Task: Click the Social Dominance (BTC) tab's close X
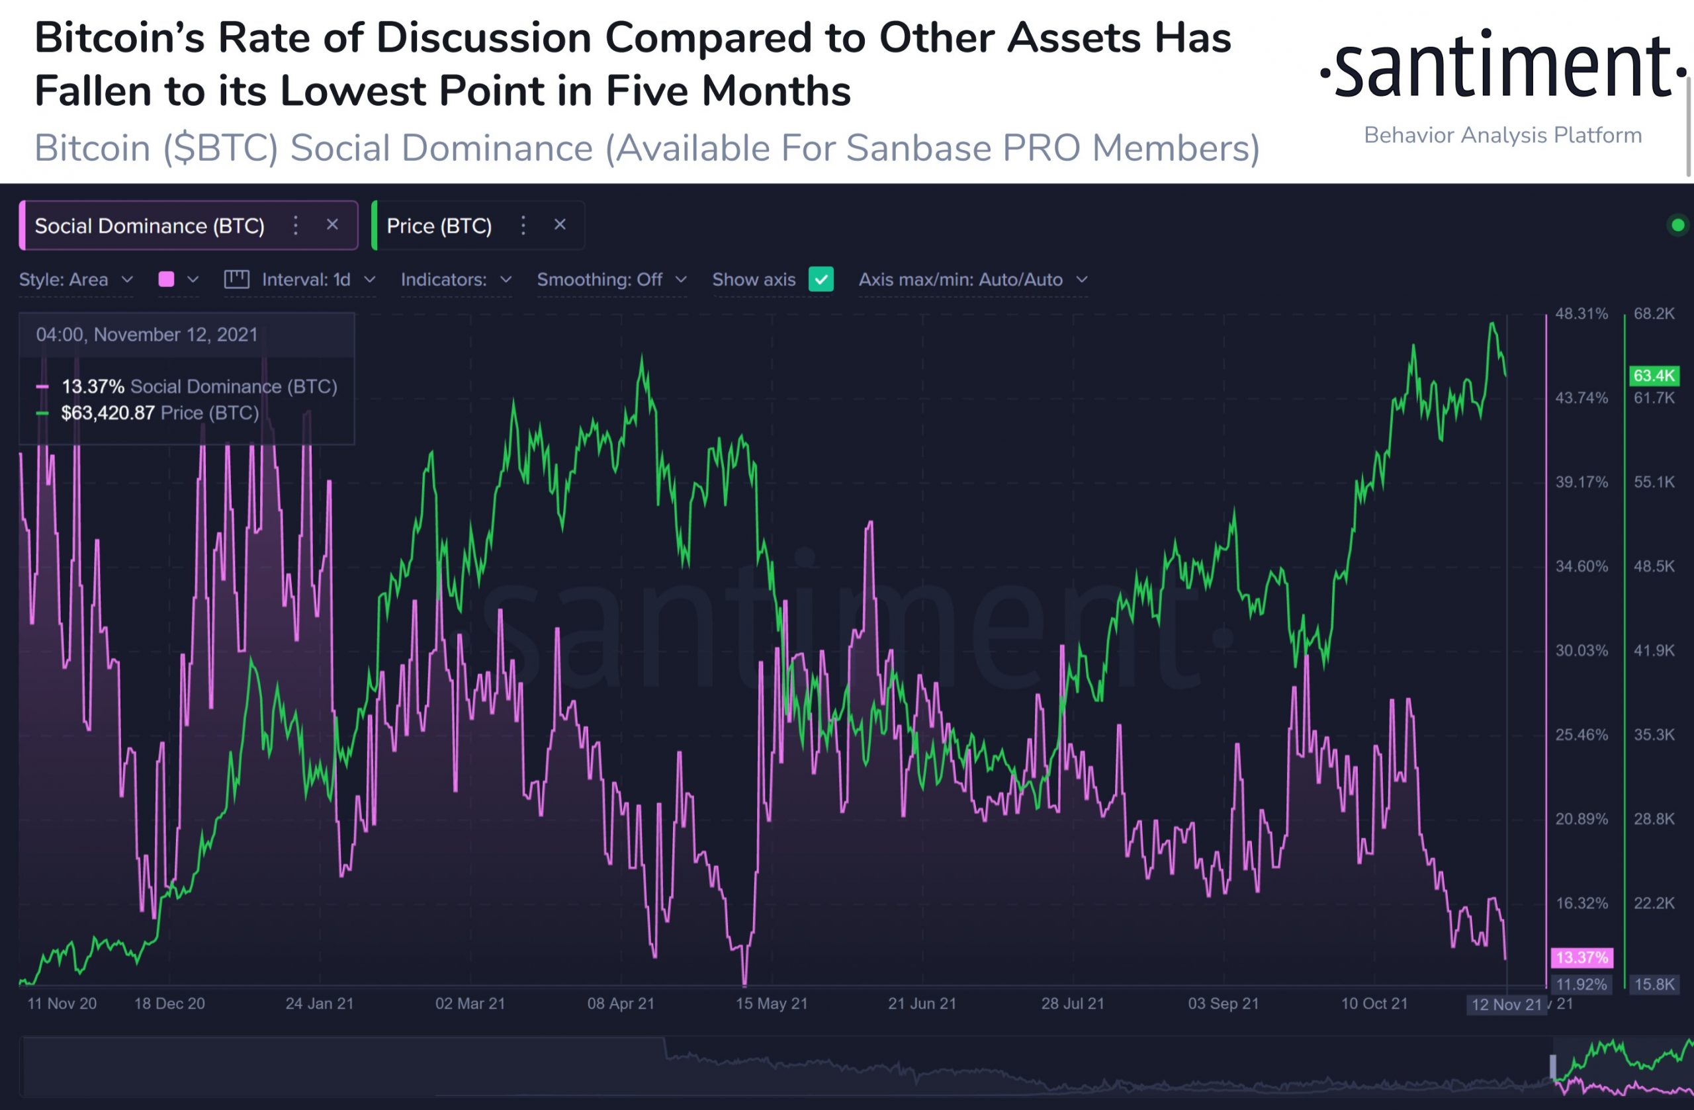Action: click(x=332, y=225)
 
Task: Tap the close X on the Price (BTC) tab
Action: click(x=560, y=225)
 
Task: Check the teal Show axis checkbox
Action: click(x=821, y=279)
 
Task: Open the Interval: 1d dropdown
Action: click(x=306, y=280)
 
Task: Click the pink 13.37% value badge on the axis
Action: click(x=1582, y=957)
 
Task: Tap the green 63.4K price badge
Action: click(x=1654, y=376)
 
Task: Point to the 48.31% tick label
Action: click(x=1581, y=314)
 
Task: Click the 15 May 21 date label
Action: click(x=772, y=1003)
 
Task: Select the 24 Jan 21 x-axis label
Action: click(x=320, y=1003)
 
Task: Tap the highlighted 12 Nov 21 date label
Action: click(x=1505, y=1005)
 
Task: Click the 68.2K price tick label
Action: click(x=1654, y=314)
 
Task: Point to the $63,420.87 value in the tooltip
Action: click(x=107, y=413)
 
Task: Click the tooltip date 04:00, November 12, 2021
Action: click(x=147, y=335)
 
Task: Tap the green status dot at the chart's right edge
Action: click(x=1677, y=226)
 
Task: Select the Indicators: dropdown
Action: click(x=455, y=280)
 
